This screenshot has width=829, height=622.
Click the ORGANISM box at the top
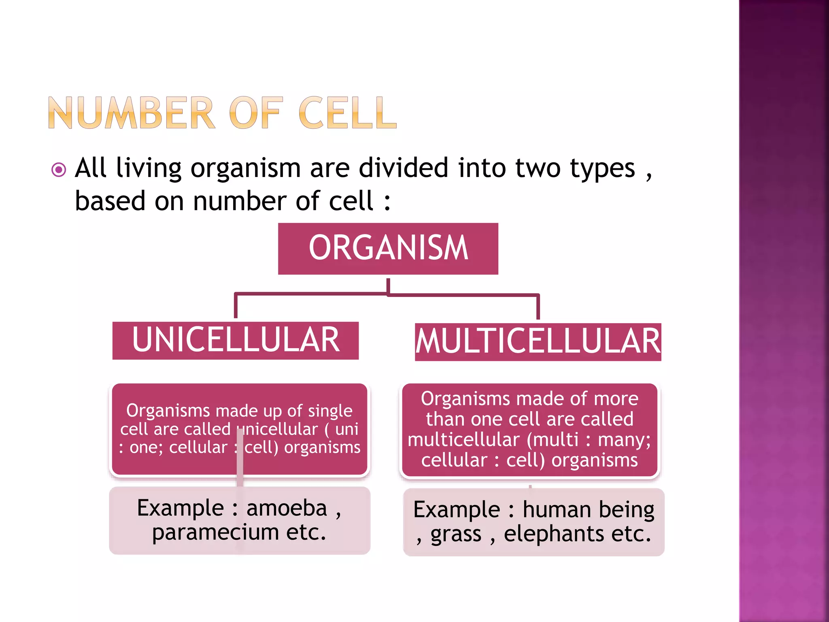click(x=388, y=248)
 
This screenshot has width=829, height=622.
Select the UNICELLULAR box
click(x=236, y=340)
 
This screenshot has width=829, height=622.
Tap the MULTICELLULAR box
click(x=538, y=342)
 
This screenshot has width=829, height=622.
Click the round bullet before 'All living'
click(x=59, y=170)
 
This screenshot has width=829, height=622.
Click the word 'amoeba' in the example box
click(x=287, y=508)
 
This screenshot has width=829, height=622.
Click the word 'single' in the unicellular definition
click(x=330, y=411)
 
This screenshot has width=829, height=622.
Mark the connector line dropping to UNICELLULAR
click(x=236, y=307)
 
